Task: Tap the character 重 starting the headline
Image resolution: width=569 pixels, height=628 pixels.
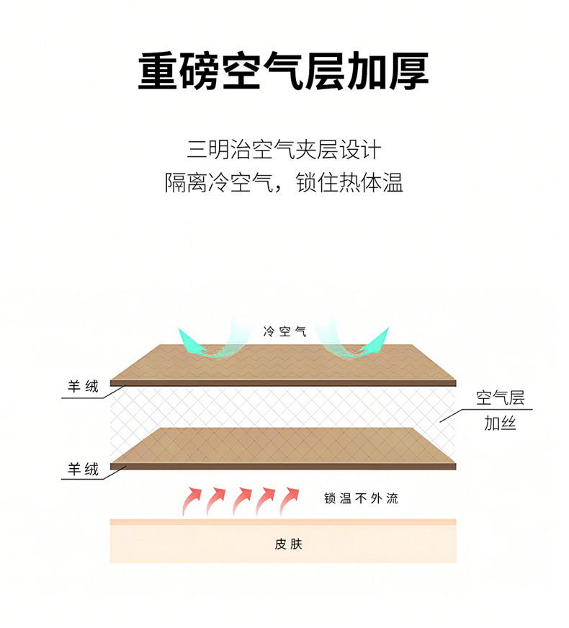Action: pos(158,71)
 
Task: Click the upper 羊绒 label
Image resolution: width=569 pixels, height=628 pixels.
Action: pos(83,387)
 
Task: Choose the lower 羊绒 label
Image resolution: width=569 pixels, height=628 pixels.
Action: pos(83,470)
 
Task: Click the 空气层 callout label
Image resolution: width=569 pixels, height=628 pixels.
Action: pos(500,398)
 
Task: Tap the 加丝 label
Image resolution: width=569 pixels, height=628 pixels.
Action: pos(500,423)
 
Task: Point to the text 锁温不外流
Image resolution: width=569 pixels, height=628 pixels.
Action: pos(361,498)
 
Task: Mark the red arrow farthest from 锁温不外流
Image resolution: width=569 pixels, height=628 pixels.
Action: pos(192,500)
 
